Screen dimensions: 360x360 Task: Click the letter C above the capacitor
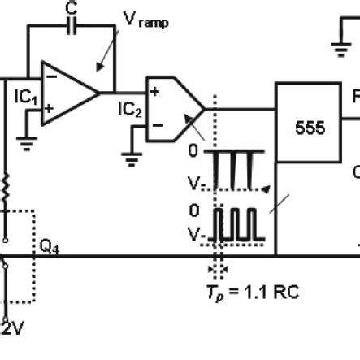pyautogui.click(x=71, y=7)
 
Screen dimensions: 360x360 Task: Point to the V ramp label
pyautogui.click(x=145, y=20)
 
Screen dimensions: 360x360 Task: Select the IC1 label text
pyautogui.click(x=26, y=97)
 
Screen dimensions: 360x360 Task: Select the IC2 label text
pyautogui.click(x=130, y=109)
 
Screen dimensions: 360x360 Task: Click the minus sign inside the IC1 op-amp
pyautogui.click(x=52, y=76)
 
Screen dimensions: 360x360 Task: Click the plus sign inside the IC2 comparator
pyautogui.click(x=154, y=92)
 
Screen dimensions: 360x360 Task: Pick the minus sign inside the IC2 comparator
pyautogui.click(x=155, y=124)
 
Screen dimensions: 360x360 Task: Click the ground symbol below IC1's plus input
pyautogui.click(x=27, y=143)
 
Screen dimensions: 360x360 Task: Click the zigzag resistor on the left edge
pyautogui.click(x=7, y=188)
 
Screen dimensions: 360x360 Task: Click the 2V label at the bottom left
pyautogui.click(x=12, y=327)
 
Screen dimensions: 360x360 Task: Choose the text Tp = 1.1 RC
pyautogui.click(x=254, y=291)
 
